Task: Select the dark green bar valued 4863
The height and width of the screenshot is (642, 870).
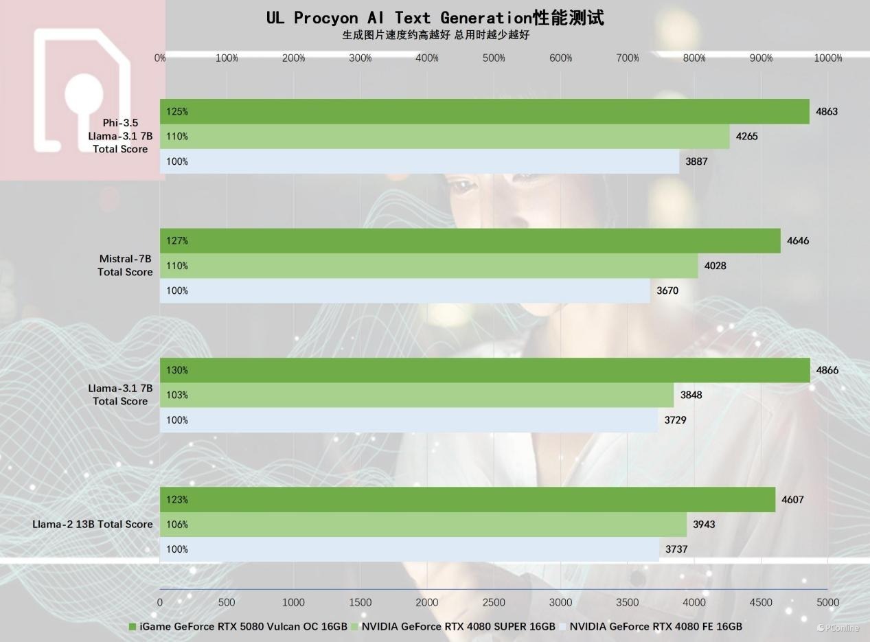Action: (484, 111)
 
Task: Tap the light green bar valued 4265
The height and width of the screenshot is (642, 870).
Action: (444, 136)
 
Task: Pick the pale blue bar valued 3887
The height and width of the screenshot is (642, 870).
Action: (419, 161)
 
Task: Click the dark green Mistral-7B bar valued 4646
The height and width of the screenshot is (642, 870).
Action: (470, 240)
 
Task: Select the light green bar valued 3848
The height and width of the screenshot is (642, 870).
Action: (416, 395)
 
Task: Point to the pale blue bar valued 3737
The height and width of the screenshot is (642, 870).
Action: (409, 549)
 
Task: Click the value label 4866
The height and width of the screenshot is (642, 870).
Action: (827, 370)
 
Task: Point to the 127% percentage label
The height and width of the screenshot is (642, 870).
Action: (177, 241)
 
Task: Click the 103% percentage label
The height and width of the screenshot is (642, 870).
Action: (177, 395)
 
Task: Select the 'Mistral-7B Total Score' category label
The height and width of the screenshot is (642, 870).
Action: (125, 265)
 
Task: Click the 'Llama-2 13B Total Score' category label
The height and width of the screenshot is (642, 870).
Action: (93, 524)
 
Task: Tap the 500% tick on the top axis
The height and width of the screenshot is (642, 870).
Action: (494, 58)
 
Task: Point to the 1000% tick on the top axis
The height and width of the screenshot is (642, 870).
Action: (827, 58)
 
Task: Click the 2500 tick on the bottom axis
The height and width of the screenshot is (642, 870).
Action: (494, 602)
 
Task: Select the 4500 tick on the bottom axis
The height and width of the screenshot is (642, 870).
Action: (761, 602)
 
